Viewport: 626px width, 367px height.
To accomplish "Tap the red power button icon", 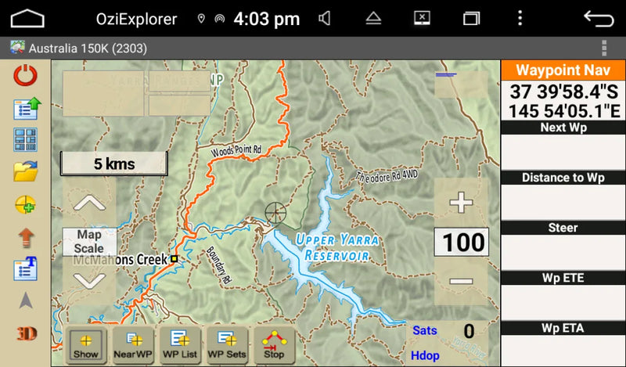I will click(26, 76).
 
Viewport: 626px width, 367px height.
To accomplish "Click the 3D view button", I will click(27, 333).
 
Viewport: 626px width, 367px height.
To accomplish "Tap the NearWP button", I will click(133, 345).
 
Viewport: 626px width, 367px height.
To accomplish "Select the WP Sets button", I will click(227, 345).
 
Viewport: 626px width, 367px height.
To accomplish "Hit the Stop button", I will click(274, 345).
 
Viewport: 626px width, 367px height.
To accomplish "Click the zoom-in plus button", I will click(461, 203).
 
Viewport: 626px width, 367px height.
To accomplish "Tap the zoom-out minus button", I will click(461, 281).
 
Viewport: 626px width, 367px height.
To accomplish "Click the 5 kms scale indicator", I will click(114, 164).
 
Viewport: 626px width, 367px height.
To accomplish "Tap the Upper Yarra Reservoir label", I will click(337, 246).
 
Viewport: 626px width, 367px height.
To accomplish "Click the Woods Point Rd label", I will click(236, 147).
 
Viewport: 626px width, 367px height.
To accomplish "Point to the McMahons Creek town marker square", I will click(174, 258).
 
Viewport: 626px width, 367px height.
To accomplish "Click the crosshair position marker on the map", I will click(275, 211).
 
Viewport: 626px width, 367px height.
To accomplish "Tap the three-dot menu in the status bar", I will click(520, 18).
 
